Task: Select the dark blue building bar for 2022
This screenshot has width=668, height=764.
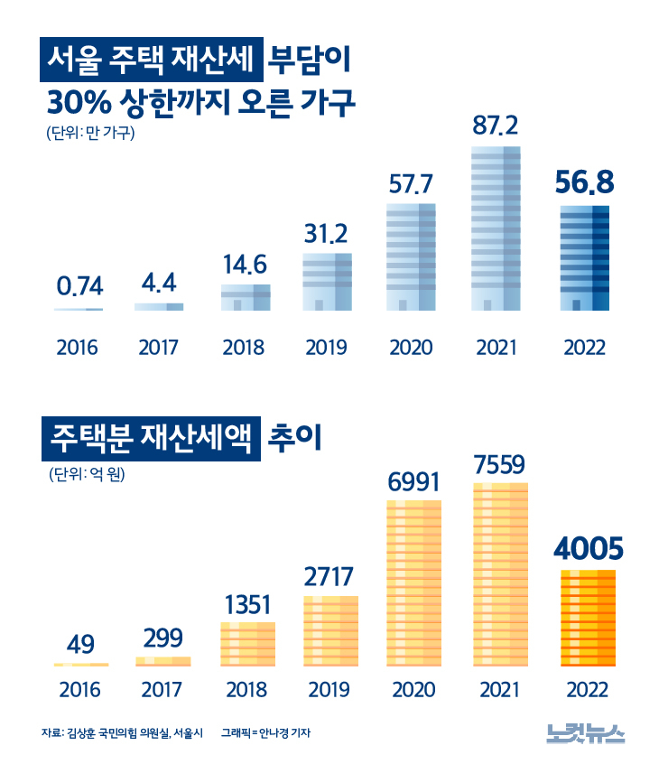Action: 584,258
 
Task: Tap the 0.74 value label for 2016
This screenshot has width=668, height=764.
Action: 79,287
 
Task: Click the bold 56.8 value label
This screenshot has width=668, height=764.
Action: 584,183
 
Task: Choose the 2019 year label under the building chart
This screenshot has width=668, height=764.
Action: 326,348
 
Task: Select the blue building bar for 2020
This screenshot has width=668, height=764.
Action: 411,257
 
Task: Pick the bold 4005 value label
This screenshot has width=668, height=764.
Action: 587,549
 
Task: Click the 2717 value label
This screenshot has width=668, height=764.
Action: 329,576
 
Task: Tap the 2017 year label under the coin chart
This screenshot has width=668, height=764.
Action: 163,691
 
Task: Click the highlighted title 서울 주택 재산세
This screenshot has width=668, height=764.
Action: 152,63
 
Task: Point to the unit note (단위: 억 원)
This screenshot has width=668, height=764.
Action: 89,473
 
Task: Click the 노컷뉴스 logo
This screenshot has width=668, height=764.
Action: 585,733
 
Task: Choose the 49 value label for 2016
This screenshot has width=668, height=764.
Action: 80,645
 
